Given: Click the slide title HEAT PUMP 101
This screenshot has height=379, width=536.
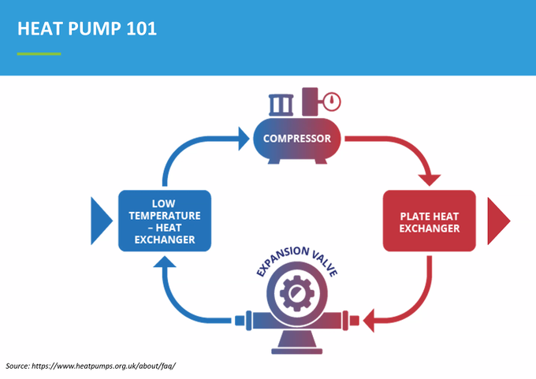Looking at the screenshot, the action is [x=87, y=28].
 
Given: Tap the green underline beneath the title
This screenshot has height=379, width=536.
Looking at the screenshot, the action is [x=39, y=54].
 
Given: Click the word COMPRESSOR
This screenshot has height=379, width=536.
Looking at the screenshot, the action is [x=296, y=139].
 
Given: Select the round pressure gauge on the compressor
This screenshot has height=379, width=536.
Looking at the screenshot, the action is [x=332, y=102].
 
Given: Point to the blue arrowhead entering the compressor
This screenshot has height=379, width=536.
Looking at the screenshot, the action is [x=244, y=139].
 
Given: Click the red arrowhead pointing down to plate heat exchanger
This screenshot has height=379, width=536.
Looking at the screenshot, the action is [x=430, y=180].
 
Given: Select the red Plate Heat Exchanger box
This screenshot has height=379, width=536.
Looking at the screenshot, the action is [x=430, y=221].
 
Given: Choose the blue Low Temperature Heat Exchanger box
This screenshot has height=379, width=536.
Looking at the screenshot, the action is [x=165, y=221].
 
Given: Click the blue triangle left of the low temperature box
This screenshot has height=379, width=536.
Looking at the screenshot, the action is [x=101, y=221].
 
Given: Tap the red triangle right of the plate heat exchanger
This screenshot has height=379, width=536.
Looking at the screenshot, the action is [x=498, y=221].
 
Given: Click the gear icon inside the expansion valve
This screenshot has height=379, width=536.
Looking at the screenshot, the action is [x=296, y=293].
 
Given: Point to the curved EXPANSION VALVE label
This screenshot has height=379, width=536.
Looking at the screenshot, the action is [x=296, y=260].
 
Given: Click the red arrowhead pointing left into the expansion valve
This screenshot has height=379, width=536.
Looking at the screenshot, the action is [x=369, y=321].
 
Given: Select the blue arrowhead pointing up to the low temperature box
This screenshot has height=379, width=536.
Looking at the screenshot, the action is [x=165, y=262].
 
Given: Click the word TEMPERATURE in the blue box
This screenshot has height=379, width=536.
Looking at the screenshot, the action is [x=165, y=216].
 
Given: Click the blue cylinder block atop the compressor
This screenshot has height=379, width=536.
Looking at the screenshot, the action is [x=281, y=105].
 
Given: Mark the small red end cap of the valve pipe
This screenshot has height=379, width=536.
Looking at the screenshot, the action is [x=355, y=321].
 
